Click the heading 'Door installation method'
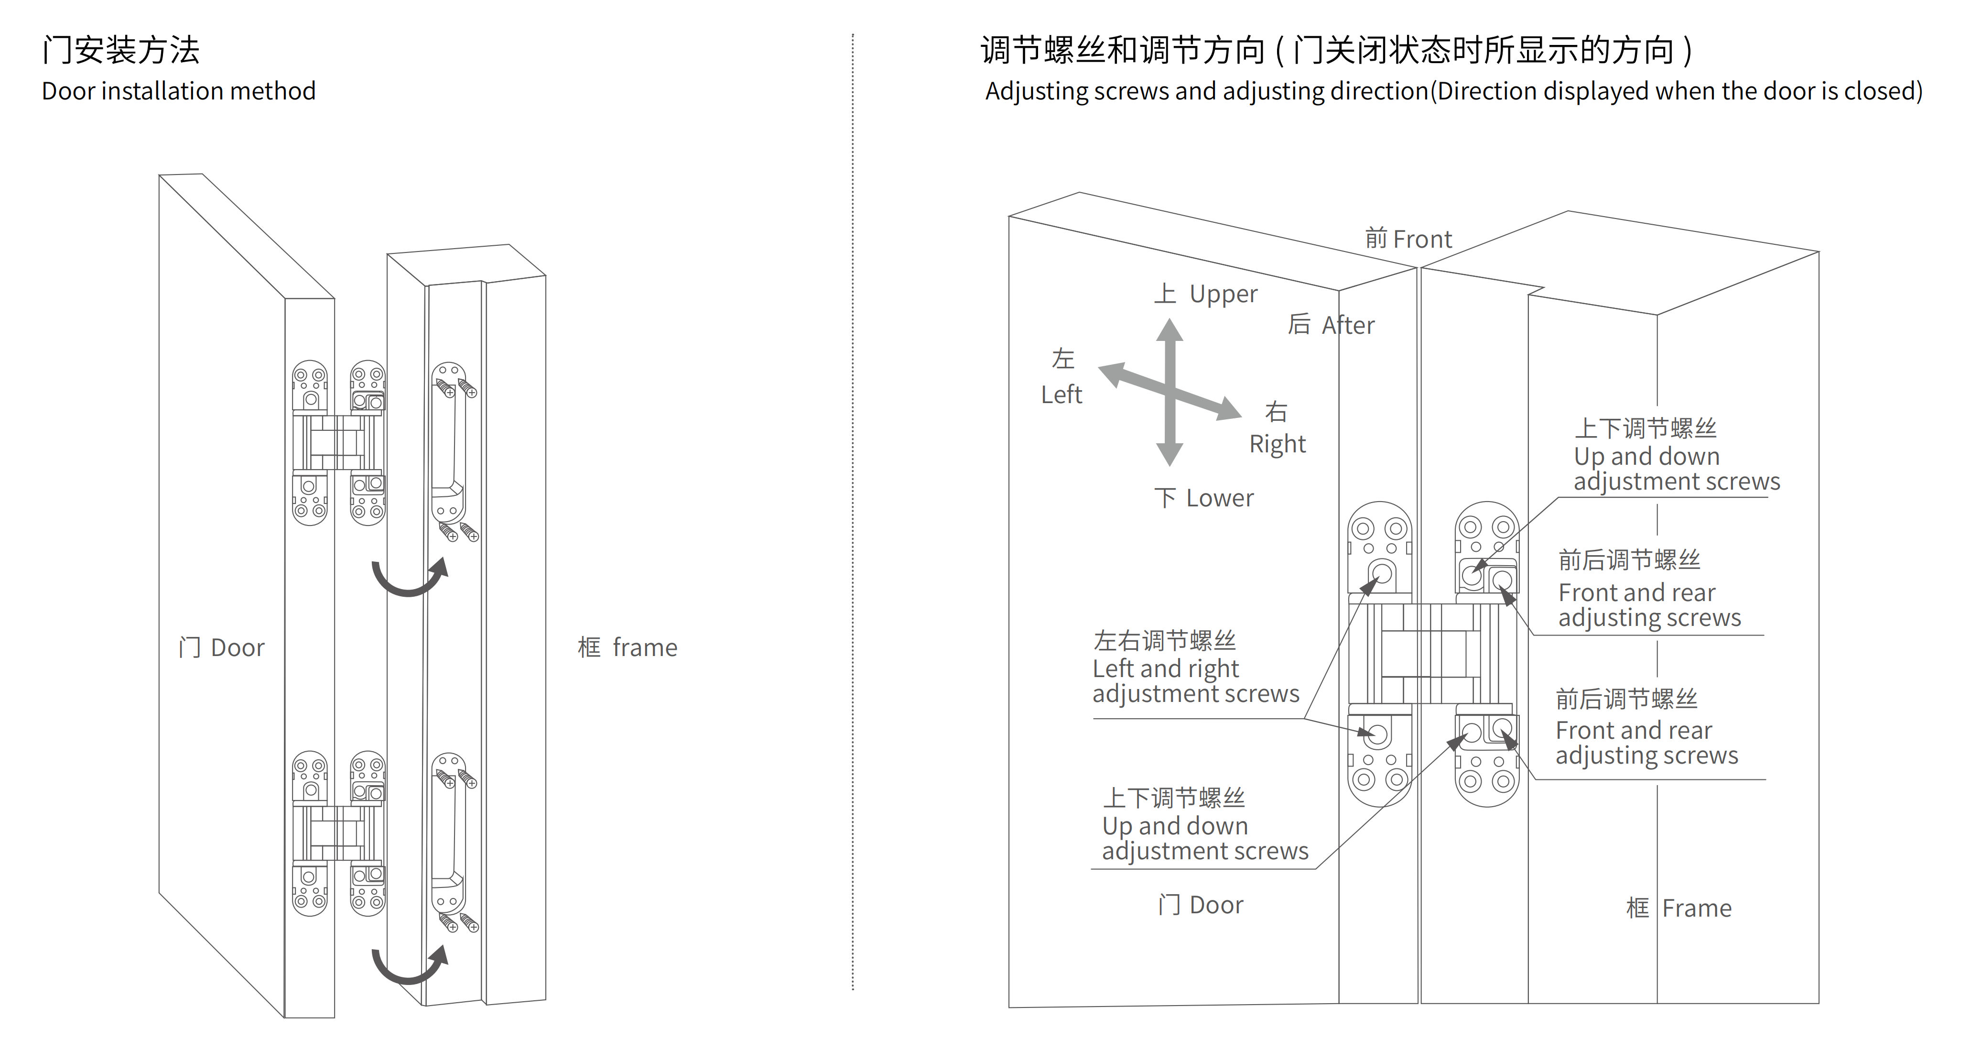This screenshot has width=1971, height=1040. click(178, 91)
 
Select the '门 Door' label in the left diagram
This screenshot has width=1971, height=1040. click(221, 647)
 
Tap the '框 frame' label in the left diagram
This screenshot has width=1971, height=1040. click(628, 647)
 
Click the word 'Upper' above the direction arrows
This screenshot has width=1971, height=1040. click(1223, 294)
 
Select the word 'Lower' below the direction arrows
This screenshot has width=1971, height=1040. click(1220, 498)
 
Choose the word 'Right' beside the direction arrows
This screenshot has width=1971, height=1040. click(1277, 444)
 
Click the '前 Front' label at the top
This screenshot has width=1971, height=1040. click(1408, 239)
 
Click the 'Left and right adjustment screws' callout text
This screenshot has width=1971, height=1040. click(1195, 680)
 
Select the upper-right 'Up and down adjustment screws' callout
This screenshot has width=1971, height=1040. click(1676, 468)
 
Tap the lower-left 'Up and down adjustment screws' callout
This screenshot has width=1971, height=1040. click(1204, 838)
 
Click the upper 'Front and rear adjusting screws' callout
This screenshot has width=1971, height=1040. click(1649, 604)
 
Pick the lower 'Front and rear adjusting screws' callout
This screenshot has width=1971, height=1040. click(1646, 742)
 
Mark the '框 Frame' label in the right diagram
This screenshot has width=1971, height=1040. click(1679, 908)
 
